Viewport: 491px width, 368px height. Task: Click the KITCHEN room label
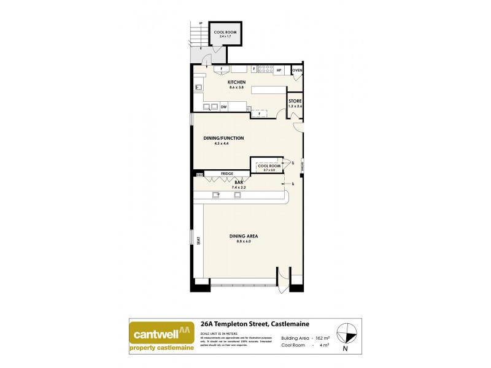click(236, 82)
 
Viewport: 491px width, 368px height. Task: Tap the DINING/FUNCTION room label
click(223, 138)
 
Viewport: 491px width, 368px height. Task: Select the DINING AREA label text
click(244, 236)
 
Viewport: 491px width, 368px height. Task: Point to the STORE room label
click(295, 101)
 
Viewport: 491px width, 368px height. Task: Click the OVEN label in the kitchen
click(297, 71)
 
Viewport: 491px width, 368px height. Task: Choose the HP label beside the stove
click(279, 71)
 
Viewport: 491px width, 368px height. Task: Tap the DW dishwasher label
click(224, 107)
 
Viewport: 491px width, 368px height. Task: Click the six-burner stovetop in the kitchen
click(265, 69)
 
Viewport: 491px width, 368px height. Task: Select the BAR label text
click(238, 182)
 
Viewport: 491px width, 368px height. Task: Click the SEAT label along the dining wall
click(199, 240)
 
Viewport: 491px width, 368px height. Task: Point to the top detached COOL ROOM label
click(223, 32)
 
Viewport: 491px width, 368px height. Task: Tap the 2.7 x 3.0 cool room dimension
click(269, 170)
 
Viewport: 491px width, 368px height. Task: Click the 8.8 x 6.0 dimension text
click(244, 242)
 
